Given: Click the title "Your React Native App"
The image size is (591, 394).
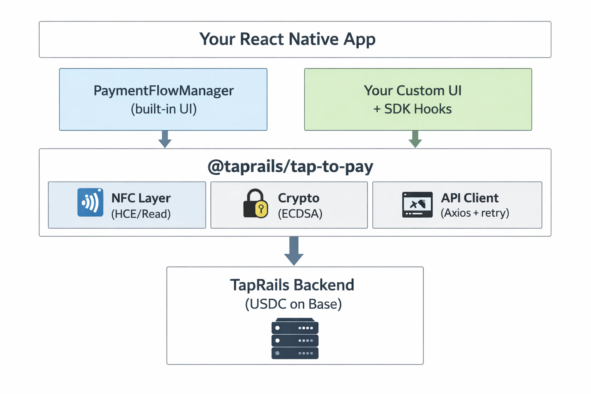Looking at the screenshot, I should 287,39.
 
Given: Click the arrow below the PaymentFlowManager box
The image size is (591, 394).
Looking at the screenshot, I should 165,139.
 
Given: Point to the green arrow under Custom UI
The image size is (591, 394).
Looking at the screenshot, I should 415,139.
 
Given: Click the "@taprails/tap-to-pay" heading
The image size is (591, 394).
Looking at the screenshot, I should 290,166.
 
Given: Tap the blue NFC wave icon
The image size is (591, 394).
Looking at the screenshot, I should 90,202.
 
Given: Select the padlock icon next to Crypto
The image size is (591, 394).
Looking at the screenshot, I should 255,204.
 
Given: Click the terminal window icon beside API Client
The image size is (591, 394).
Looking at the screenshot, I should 417,205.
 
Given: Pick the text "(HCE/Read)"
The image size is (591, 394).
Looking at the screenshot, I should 141,214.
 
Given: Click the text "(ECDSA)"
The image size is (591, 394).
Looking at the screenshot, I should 300,214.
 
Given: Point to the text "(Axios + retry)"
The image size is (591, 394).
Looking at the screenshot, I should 475,213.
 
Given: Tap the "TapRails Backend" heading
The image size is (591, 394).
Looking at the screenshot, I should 292,285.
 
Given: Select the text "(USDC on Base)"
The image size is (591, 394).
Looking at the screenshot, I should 293,304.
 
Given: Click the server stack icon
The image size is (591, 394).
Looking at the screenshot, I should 295,339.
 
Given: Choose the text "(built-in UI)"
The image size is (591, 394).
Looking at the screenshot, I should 164,109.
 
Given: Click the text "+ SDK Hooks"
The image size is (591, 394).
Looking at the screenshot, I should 412,109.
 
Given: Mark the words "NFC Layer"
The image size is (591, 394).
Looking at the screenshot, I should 141,198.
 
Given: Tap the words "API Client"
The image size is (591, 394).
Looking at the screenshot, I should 469,198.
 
